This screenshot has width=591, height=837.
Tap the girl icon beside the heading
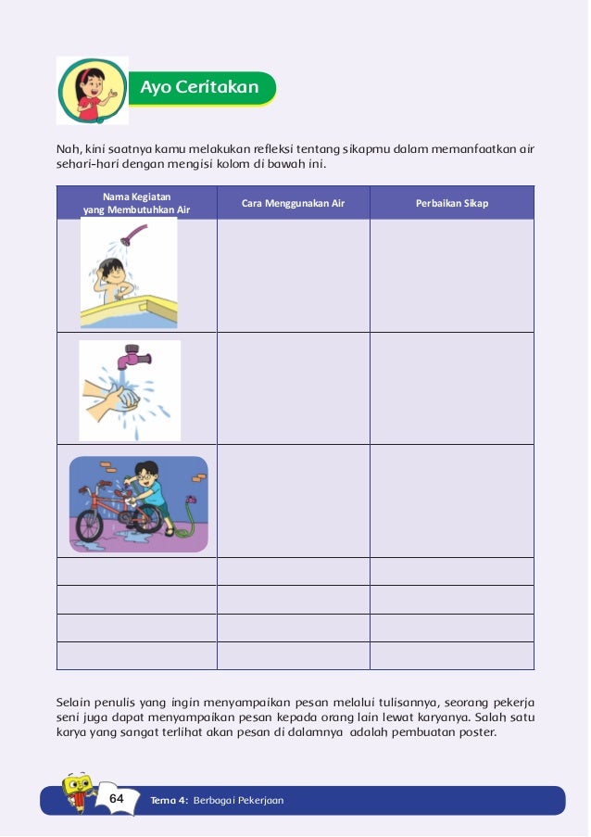tap(92, 90)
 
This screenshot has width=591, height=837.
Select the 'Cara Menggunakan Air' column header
tap(293, 203)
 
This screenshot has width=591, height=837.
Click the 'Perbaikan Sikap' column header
tap(452, 203)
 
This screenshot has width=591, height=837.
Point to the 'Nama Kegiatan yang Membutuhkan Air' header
tap(136, 203)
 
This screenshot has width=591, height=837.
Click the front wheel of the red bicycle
tap(90, 524)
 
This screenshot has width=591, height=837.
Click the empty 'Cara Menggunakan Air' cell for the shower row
tap(293, 275)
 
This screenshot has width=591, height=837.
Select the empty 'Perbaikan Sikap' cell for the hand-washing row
tap(452, 387)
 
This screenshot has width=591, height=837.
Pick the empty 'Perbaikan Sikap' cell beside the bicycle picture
tap(452, 501)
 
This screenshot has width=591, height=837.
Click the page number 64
tap(117, 798)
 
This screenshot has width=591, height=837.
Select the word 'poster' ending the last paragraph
tap(476, 732)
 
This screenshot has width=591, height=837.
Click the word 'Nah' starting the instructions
tap(68, 148)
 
